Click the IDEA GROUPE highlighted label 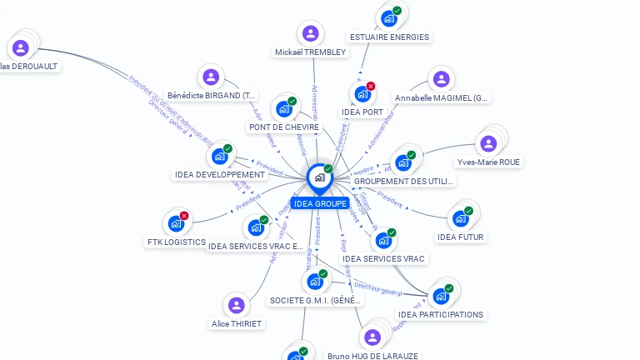(320, 203)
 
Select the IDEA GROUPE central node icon (319, 177)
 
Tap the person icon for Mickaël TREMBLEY (310, 34)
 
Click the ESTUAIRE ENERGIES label (389, 37)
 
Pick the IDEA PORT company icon (362, 93)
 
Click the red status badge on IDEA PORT (371, 86)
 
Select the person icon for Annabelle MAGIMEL (442, 79)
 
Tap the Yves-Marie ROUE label (489, 162)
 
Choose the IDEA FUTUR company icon (460, 218)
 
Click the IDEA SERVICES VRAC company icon (383, 240)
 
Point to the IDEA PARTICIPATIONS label (440, 315)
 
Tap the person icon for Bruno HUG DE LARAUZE (372, 337)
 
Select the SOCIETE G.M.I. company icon (315, 281)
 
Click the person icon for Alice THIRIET (237, 305)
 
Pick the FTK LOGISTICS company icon (176, 222)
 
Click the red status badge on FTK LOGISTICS (184, 216)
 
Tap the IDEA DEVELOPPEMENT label (220, 175)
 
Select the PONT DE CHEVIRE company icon (284, 108)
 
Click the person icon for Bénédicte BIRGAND (211, 77)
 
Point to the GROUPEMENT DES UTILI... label (403, 181)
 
